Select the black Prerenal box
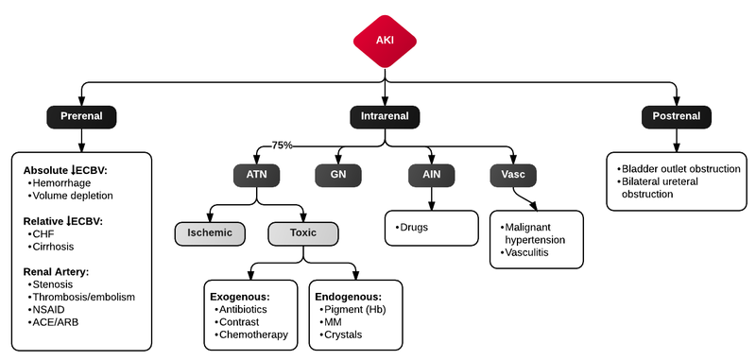80,116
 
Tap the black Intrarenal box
385,116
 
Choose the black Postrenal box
676,116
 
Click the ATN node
257,175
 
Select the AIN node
433,175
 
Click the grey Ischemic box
209,231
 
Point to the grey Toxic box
302,231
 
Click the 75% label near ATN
282,146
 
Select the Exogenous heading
246,295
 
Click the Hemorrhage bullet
64,183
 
